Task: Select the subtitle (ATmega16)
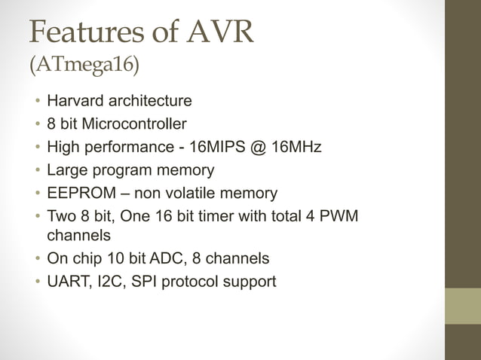click(84, 66)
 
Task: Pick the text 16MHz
click(296, 146)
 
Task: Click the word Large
click(66, 169)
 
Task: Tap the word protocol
click(194, 282)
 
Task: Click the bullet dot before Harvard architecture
click(35, 101)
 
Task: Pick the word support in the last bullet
click(250, 282)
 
